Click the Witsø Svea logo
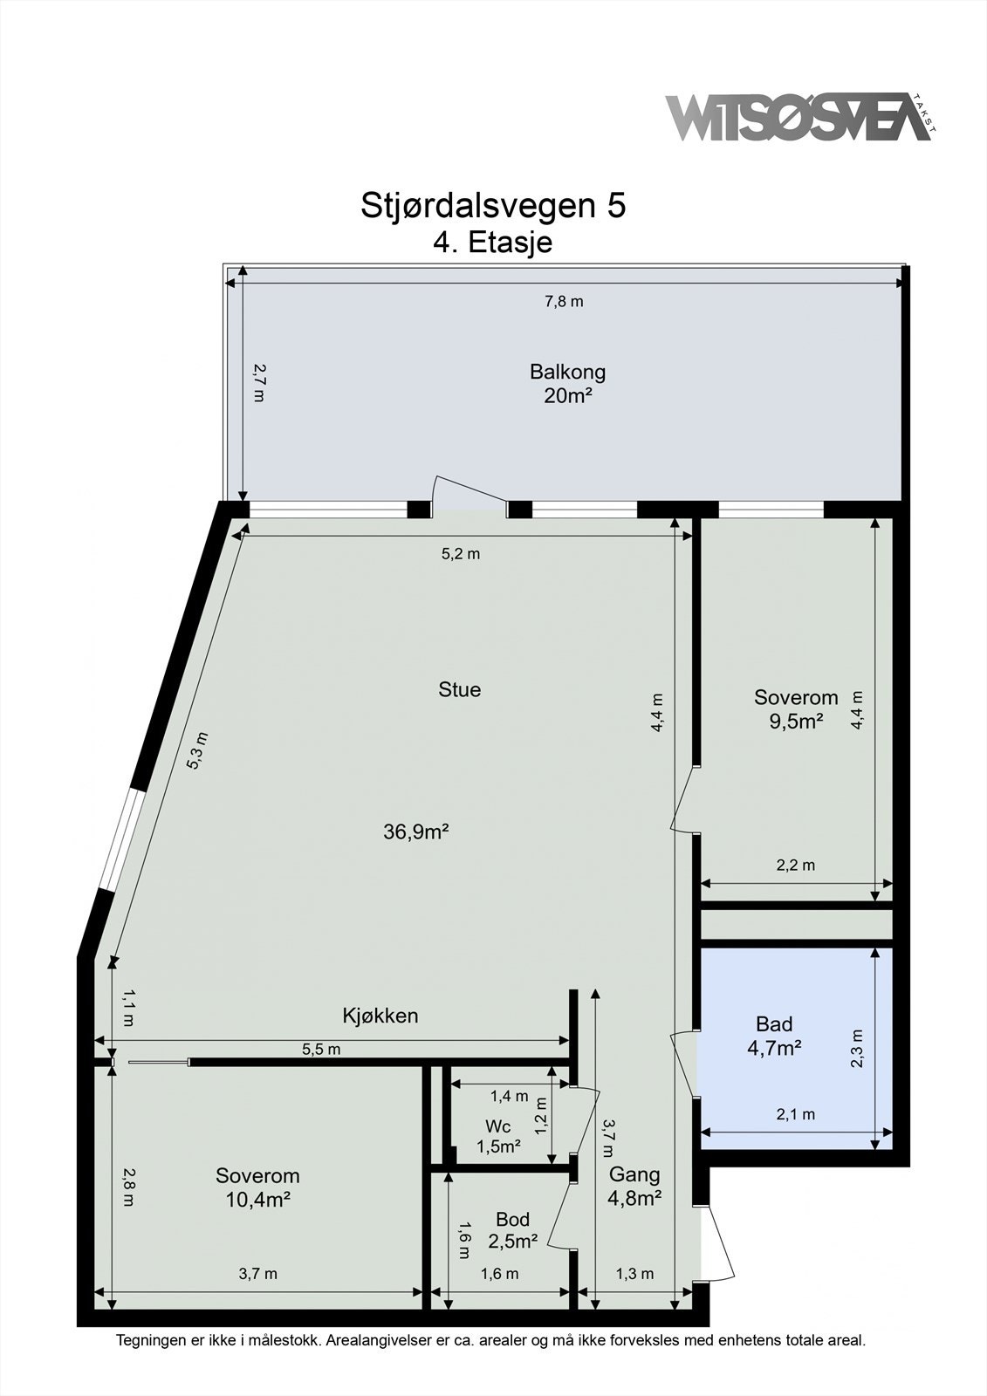point(799,118)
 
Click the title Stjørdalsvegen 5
point(493,206)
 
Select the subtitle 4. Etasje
point(493,242)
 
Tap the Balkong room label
point(567,372)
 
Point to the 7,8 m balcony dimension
point(564,302)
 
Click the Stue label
point(460,690)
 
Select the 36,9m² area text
point(416,832)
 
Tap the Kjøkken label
point(380,1016)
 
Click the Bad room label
point(774,1024)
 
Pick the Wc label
point(498,1127)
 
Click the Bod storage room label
point(512,1220)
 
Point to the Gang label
point(634,1174)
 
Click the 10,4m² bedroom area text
point(257,1200)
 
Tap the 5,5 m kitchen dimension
point(321,1050)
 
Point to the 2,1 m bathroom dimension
point(796,1114)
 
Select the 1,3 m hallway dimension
point(634,1274)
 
